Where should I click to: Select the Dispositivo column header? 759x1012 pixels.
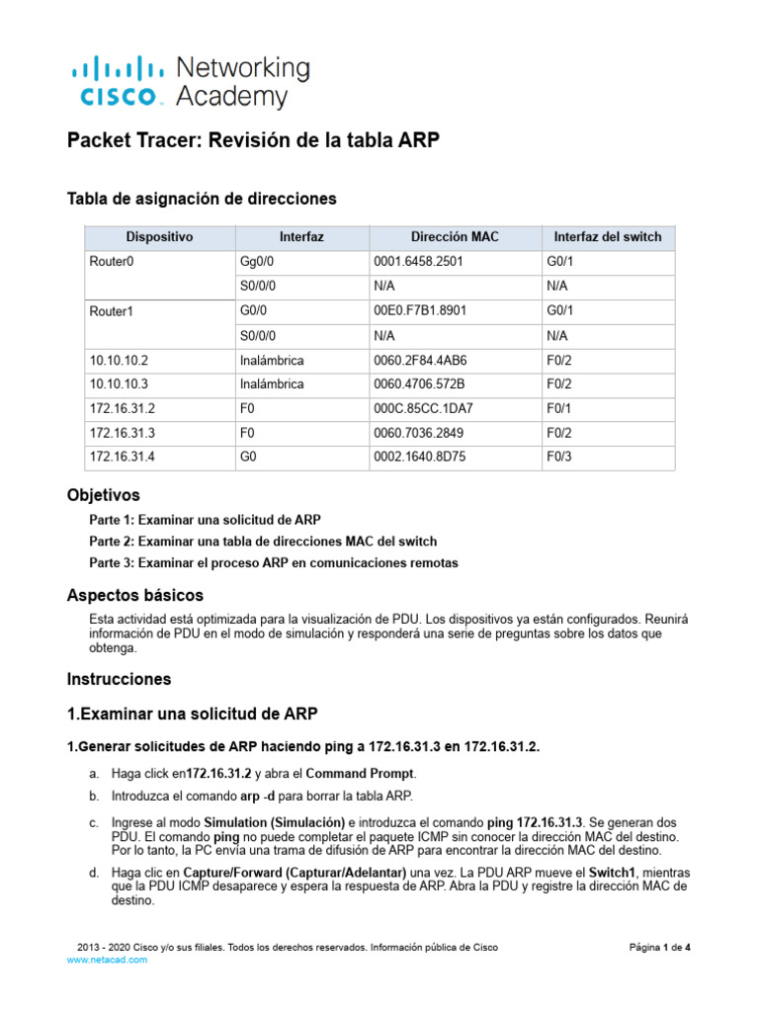pyautogui.click(x=159, y=237)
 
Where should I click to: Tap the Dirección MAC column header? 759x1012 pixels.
pyautogui.click(x=455, y=237)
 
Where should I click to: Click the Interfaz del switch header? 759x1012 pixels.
pyautogui.click(x=608, y=237)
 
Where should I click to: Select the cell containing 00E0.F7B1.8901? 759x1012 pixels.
pyautogui.click(x=420, y=310)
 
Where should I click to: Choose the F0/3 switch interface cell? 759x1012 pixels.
pyautogui.click(x=559, y=457)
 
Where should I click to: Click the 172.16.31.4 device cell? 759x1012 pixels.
pyautogui.click(x=125, y=457)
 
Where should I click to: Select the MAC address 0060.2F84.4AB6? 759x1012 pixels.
pyautogui.click(x=421, y=360)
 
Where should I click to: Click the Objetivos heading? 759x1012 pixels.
pyautogui.click(x=103, y=494)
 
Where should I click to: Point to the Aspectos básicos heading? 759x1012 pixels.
pyautogui.click(x=134, y=595)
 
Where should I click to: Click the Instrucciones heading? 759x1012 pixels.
pyautogui.click(x=119, y=679)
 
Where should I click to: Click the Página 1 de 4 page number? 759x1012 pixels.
pyautogui.click(x=659, y=947)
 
